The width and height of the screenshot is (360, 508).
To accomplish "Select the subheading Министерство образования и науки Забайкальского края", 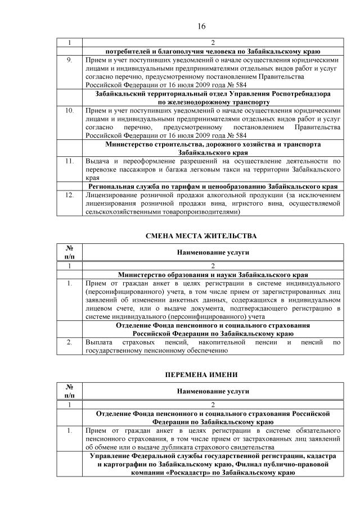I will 213,275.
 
